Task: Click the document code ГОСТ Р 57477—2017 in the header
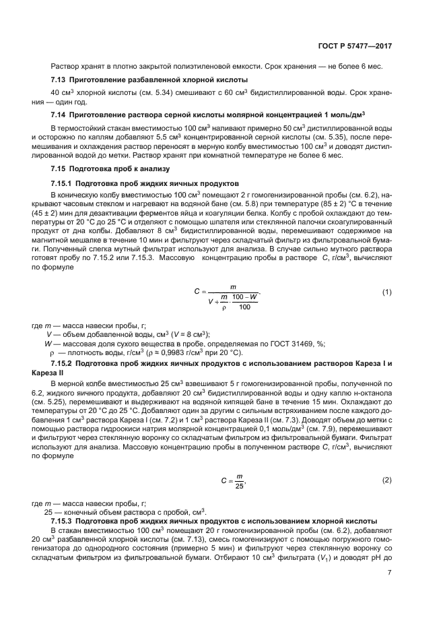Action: click(x=355, y=46)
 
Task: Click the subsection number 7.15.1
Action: click(x=63, y=183)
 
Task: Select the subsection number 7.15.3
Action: click(x=63, y=522)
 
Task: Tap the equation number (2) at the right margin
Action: click(x=386, y=480)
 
